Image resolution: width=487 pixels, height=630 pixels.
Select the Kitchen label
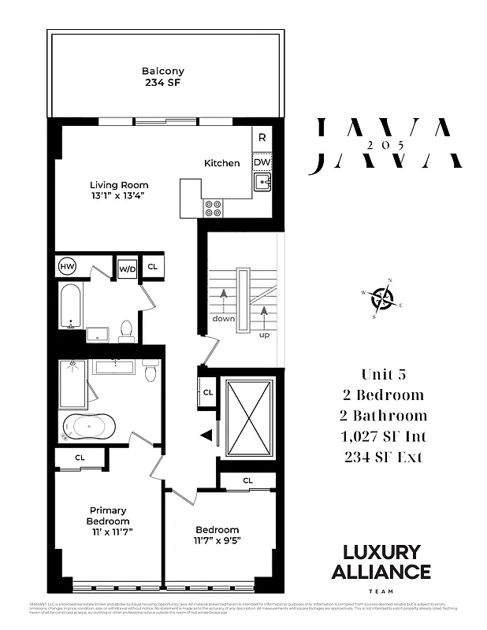pyautogui.click(x=222, y=163)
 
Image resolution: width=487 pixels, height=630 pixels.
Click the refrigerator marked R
pyautogui.click(x=262, y=138)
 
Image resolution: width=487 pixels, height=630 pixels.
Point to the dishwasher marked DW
pyautogui.click(x=262, y=162)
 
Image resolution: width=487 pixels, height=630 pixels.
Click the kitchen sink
pyautogui.click(x=262, y=184)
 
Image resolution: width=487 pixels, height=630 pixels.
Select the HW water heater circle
pyautogui.click(x=69, y=267)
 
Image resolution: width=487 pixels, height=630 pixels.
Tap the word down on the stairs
pyautogui.click(x=223, y=320)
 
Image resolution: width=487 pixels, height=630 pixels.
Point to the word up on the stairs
pyautogui.click(x=264, y=334)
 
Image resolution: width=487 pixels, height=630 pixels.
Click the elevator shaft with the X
pyautogui.click(x=249, y=417)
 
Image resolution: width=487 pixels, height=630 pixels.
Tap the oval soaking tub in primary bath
pyautogui.click(x=89, y=428)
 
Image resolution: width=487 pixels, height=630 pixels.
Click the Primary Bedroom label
pyautogui.click(x=109, y=516)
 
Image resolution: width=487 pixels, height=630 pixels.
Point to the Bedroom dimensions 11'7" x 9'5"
pyautogui.click(x=217, y=540)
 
